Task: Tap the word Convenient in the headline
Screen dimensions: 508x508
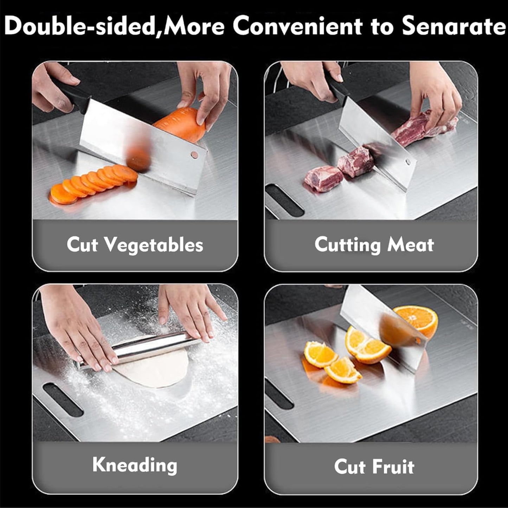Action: (x=297, y=26)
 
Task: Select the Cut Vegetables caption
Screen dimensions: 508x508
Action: (x=135, y=244)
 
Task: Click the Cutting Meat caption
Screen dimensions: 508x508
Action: (x=374, y=244)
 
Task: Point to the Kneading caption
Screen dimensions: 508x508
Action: (x=135, y=465)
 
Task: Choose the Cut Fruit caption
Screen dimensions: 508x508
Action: (x=374, y=467)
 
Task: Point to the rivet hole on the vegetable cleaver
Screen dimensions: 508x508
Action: (x=194, y=154)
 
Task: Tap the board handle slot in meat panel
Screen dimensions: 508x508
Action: (x=285, y=200)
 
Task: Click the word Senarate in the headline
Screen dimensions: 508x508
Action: (x=454, y=26)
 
